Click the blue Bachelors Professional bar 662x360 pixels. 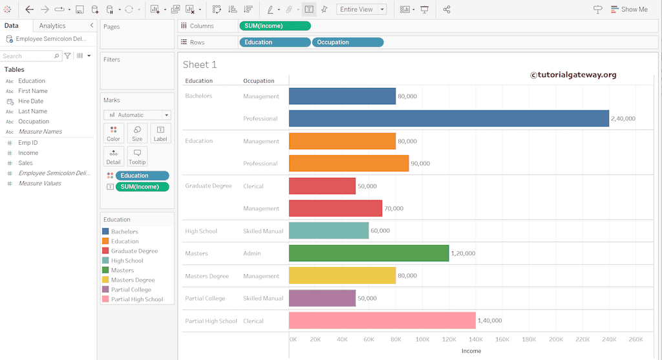[449, 118]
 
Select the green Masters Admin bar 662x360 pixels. [368, 253]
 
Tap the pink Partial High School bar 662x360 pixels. [382, 321]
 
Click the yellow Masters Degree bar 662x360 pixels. [342, 276]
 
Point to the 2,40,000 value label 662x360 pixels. [623, 119]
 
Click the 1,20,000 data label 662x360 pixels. [463, 253]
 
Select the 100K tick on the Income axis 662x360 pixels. [422, 339]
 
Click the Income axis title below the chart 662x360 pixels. [471, 351]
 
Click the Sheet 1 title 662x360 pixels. [200, 65]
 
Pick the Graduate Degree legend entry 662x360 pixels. [134, 251]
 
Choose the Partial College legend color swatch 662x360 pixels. [105, 290]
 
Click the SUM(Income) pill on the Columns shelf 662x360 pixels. [275, 26]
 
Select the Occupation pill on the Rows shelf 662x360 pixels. [348, 43]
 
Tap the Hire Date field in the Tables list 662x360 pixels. [30, 101]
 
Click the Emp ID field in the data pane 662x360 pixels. [28, 143]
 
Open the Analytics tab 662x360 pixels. [52, 26]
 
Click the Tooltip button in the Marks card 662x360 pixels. [137, 156]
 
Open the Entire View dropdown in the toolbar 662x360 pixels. [361, 10]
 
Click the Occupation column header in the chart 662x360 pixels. [259, 81]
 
